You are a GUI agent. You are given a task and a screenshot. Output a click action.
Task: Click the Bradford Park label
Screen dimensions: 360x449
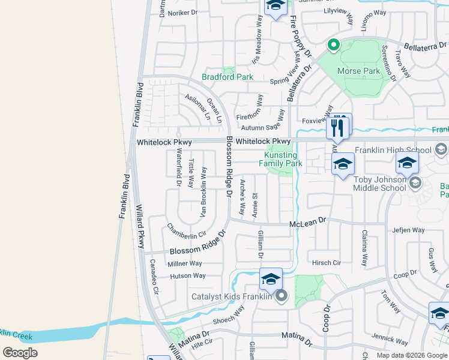227,77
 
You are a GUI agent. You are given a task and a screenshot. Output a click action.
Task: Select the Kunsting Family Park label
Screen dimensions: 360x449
280,159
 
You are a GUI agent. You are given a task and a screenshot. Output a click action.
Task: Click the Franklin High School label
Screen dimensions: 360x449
393,150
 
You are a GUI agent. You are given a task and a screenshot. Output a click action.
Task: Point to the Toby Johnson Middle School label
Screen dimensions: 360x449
379,183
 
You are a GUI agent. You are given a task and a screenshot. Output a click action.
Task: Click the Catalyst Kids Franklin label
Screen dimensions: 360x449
231,296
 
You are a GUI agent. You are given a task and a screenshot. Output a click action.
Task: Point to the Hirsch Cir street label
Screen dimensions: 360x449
326,263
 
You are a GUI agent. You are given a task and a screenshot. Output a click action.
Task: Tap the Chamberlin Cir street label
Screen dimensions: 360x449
186,230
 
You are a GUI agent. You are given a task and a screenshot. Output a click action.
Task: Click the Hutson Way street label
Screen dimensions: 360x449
188,276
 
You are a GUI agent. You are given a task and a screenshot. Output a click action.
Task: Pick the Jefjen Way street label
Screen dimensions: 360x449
408,230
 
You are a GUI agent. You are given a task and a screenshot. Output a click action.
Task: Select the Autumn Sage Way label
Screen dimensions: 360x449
262,128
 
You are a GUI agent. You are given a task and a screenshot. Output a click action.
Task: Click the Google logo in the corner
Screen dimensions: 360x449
20,352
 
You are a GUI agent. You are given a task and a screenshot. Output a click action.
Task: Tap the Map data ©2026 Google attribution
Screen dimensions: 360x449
412,355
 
